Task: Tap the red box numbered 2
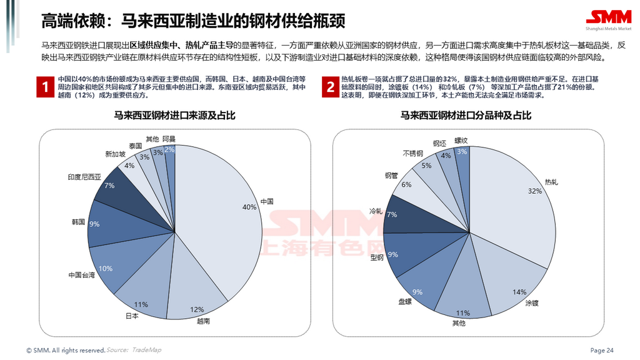point(330,87)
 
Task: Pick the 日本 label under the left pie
point(132,316)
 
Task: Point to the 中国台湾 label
point(82,275)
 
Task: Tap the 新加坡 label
point(115,154)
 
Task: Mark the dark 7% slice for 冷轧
point(404,215)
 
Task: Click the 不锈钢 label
point(412,153)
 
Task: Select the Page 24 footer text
point(602,350)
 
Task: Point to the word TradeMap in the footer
point(145,350)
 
